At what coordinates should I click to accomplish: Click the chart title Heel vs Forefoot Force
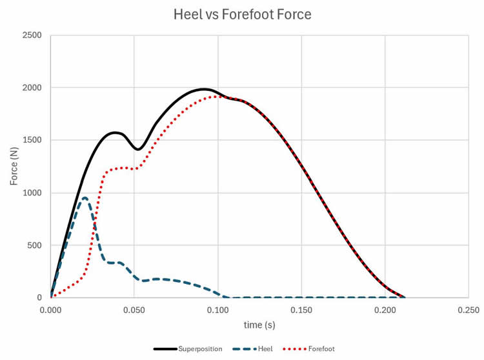pyautogui.click(x=241, y=14)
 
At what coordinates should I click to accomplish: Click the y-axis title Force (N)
pyautogui.click(x=15, y=166)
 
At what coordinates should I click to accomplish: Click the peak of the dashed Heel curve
pyautogui.click(x=85, y=197)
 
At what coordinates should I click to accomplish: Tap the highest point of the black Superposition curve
pyautogui.click(x=204, y=89)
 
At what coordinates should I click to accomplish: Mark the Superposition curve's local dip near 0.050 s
pyautogui.click(x=137, y=149)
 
